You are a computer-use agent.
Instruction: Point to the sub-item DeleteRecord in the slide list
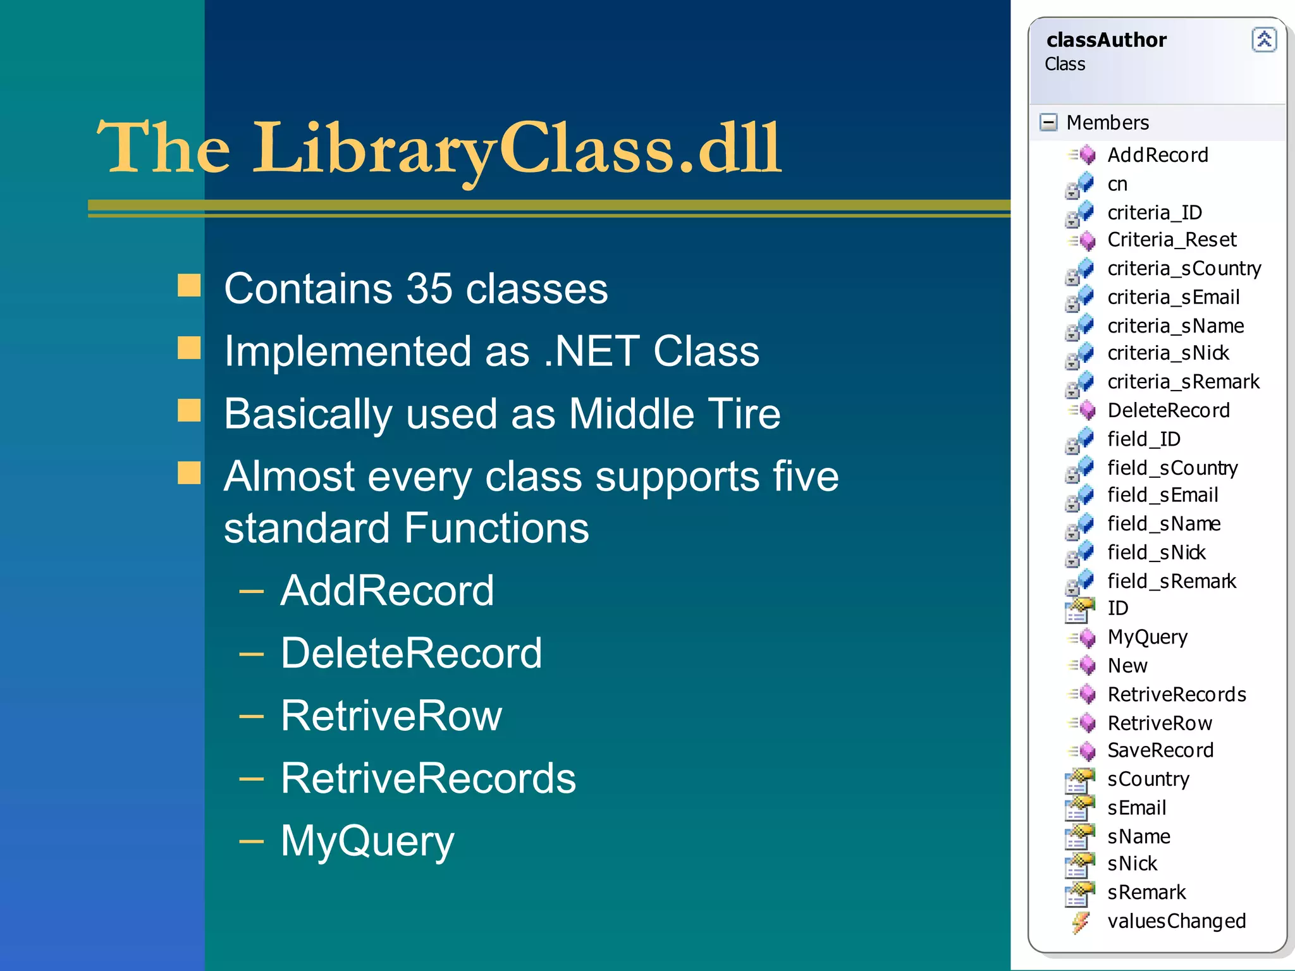click(x=411, y=653)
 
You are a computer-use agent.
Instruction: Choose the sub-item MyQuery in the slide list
click(x=367, y=841)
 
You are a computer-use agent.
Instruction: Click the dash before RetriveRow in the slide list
click(x=252, y=716)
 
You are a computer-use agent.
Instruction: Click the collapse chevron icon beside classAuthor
click(x=1263, y=40)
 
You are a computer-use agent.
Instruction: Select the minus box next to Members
click(x=1048, y=122)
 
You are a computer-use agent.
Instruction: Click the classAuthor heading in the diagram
click(x=1106, y=40)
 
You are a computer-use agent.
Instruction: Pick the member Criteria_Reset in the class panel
click(x=1172, y=240)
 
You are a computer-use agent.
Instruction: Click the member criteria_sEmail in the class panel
click(x=1173, y=297)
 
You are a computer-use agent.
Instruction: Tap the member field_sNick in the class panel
click(x=1156, y=553)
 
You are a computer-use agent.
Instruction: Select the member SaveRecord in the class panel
click(x=1160, y=750)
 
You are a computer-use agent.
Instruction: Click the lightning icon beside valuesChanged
click(x=1081, y=922)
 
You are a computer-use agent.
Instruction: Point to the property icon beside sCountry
click(x=1079, y=780)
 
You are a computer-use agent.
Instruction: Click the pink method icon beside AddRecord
click(x=1086, y=155)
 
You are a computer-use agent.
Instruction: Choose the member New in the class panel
click(x=1127, y=666)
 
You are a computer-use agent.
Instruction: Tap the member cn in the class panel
click(x=1117, y=184)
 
